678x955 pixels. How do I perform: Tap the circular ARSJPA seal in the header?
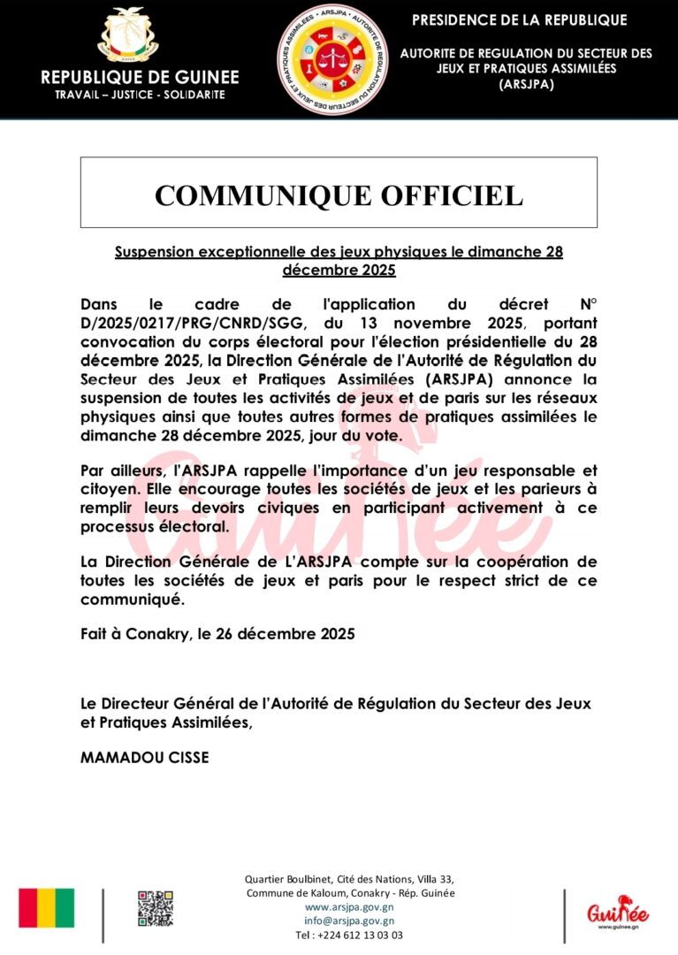333,59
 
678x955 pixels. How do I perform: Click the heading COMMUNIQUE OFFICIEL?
339,195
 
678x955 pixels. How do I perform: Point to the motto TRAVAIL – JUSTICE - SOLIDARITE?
133,94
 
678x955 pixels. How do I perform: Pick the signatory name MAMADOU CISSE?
144,757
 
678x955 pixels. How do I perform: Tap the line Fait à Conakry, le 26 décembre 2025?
217,634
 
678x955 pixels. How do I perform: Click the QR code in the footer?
155,909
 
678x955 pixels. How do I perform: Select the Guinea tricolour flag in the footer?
47,908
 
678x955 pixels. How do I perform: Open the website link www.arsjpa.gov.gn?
349,907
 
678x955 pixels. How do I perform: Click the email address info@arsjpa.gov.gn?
349,921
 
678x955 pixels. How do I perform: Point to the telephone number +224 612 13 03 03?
349,935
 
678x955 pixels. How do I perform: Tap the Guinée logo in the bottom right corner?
618,911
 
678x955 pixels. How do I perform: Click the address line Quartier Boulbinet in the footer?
349,879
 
